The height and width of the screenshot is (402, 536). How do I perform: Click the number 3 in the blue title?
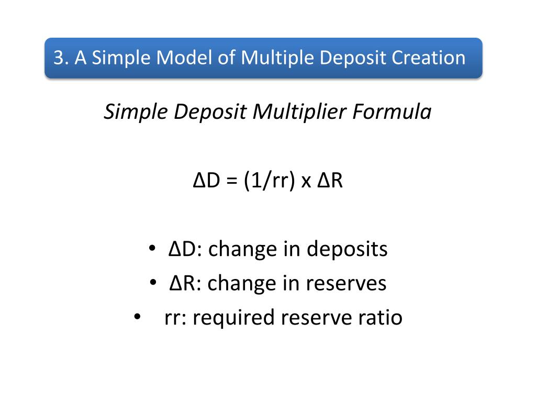tap(59, 58)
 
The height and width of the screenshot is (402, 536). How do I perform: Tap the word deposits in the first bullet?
tap(347, 249)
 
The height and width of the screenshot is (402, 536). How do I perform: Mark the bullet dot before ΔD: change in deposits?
tap(151, 249)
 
